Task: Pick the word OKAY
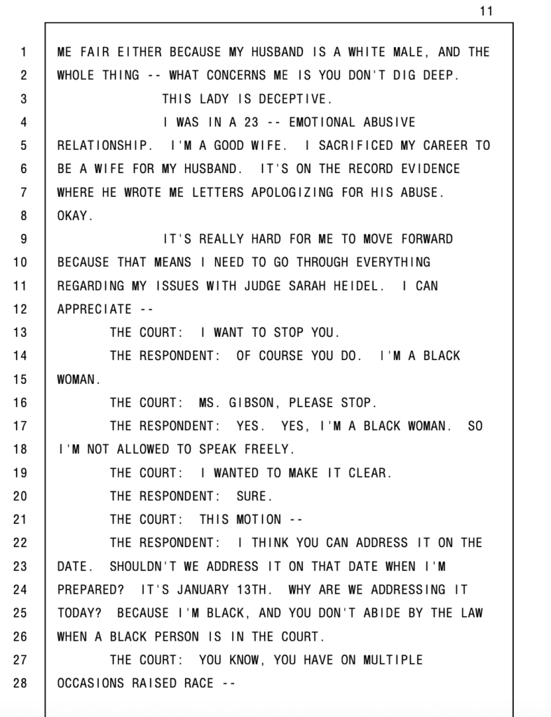[x=74, y=216]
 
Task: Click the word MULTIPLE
[x=393, y=660]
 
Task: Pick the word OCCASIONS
[x=90, y=683]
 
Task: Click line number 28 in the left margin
[x=20, y=683]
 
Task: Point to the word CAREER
[x=447, y=146]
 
